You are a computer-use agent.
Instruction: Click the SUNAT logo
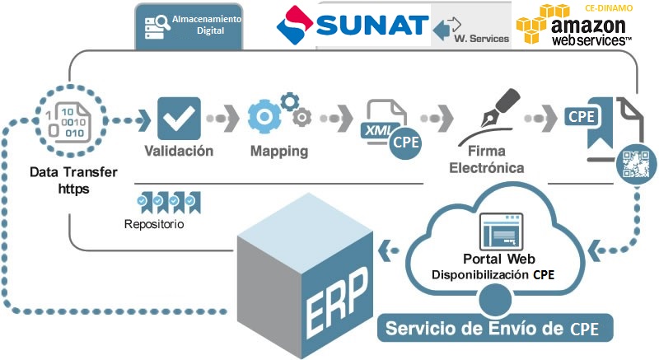353,25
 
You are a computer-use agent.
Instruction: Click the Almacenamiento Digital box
190,24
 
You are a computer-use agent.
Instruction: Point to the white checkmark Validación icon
178,117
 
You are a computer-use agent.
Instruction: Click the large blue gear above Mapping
265,116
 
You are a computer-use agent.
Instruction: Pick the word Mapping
279,152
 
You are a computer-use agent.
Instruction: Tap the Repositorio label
154,224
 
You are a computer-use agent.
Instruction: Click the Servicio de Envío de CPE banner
495,329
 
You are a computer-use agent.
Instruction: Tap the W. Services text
482,39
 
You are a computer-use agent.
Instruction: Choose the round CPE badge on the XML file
406,142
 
